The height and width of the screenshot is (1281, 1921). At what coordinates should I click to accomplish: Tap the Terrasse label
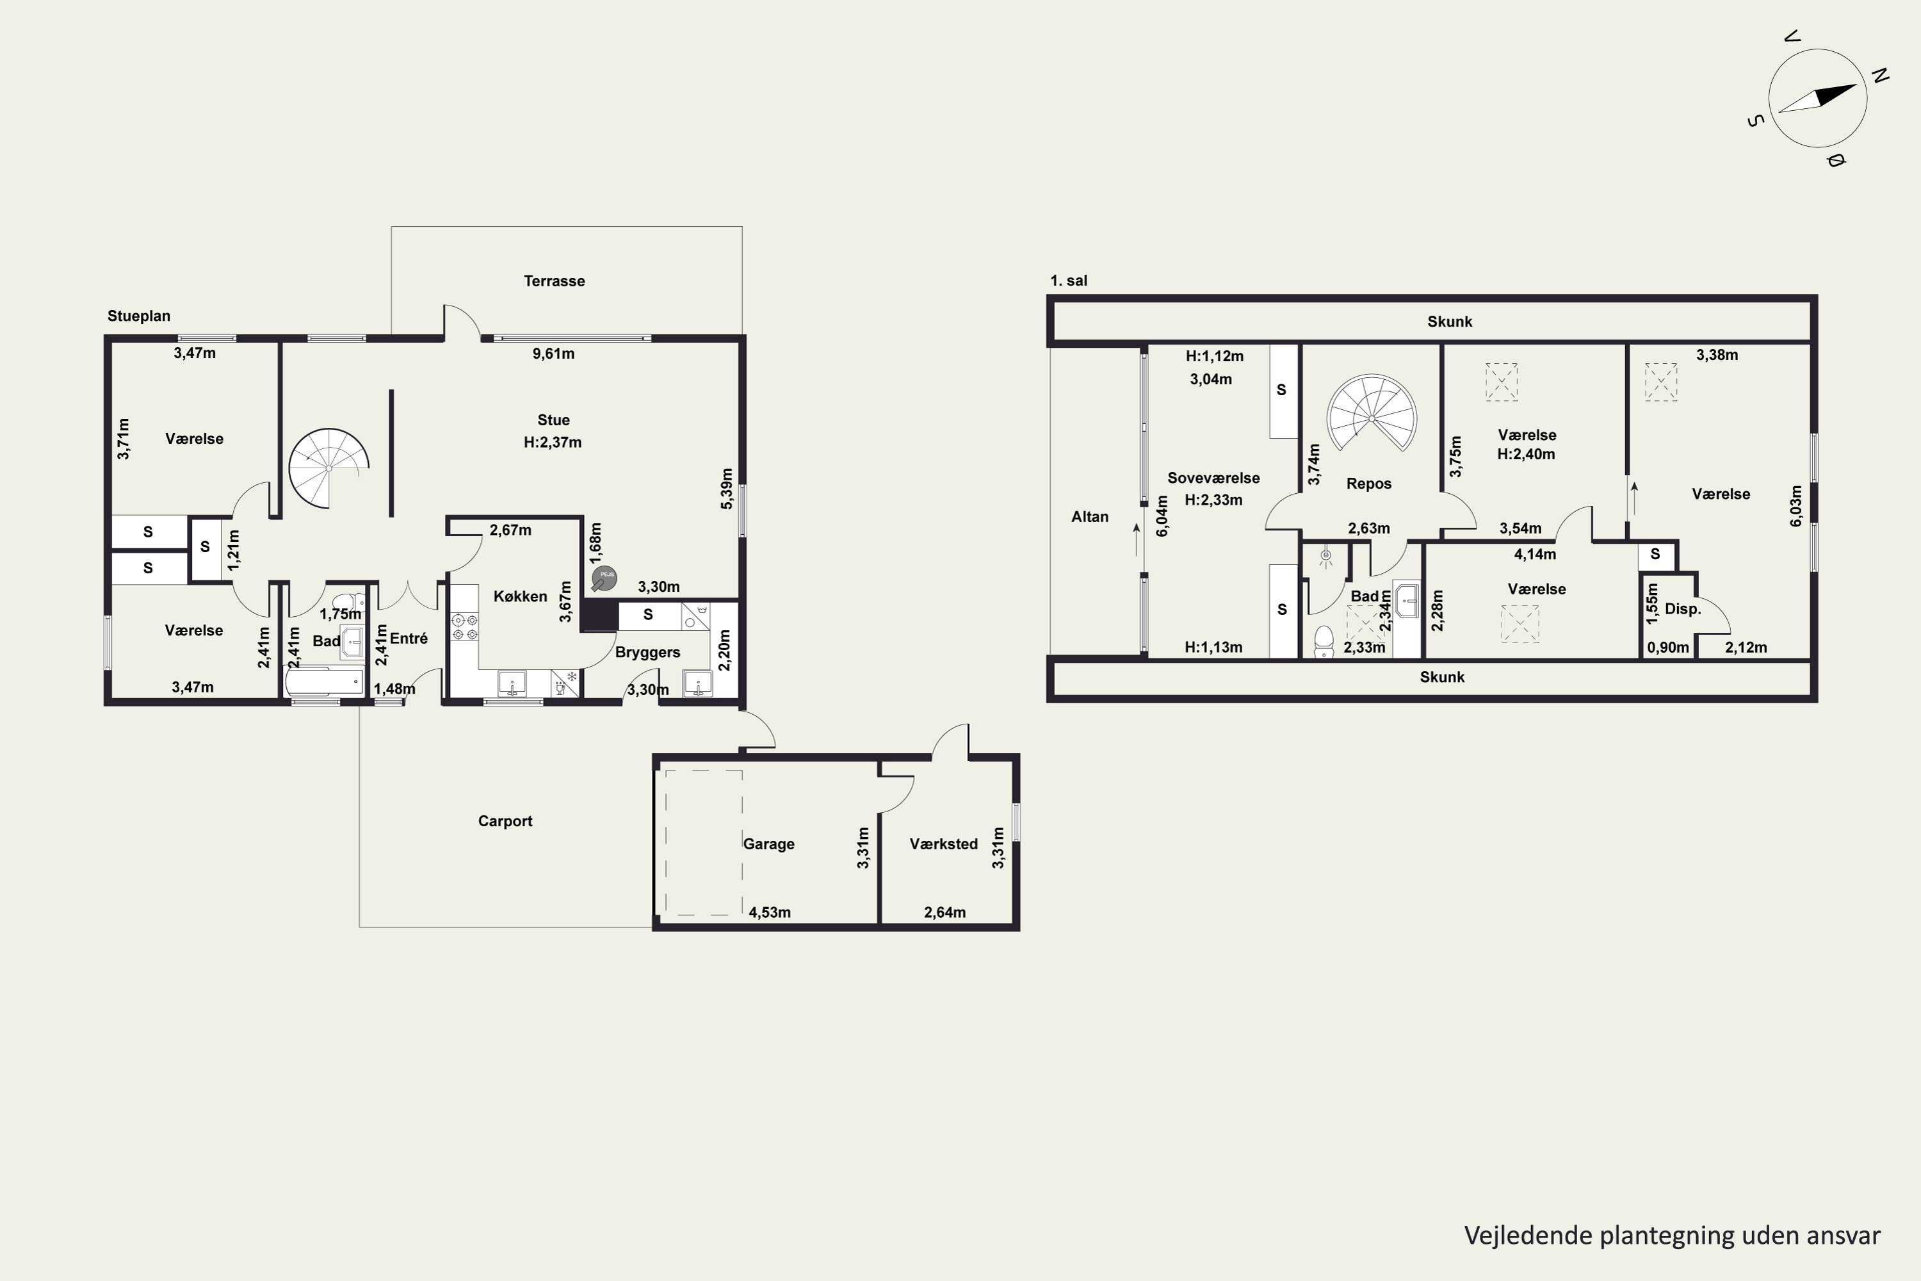[x=554, y=281]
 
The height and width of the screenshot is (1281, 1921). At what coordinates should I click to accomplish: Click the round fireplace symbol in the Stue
[x=604, y=578]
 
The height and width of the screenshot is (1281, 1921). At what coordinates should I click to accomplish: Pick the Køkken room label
[x=520, y=596]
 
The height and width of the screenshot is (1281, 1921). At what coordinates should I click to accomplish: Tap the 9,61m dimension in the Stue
[x=553, y=354]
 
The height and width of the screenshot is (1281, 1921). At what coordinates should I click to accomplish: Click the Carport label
[x=505, y=821]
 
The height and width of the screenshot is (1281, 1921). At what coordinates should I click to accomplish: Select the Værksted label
[x=943, y=844]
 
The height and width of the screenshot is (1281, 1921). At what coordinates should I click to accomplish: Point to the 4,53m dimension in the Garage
[x=770, y=913]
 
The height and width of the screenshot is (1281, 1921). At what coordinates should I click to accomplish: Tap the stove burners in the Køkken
[x=465, y=626]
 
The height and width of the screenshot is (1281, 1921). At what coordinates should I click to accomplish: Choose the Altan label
[x=1090, y=516]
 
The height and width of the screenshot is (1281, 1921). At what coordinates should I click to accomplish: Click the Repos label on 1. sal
[x=1369, y=484]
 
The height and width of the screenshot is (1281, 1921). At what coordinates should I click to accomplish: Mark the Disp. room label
[x=1683, y=608]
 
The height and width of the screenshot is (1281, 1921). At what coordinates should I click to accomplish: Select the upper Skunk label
[x=1450, y=322]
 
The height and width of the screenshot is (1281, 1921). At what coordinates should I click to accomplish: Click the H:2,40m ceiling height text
[x=1526, y=454]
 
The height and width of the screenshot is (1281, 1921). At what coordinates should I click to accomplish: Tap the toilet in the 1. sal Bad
[x=1324, y=641]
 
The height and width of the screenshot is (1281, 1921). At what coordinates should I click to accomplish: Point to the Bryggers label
[x=647, y=652]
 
